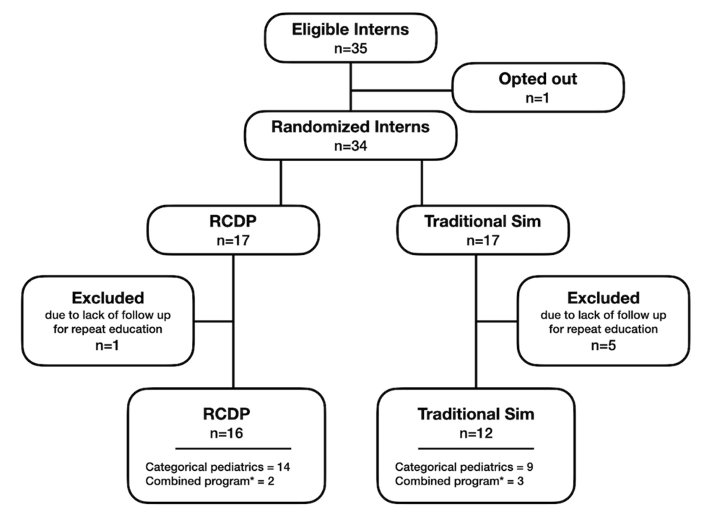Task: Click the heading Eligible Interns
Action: tap(350, 30)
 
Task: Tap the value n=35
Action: tap(350, 49)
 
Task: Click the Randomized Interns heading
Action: tap(350, 127)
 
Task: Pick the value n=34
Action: tap(350, 147)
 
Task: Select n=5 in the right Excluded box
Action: tap(604, 344)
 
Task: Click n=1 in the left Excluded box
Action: tap(108, 344)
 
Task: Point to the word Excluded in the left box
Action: tap(108, 297)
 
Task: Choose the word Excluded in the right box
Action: tap(604, 297)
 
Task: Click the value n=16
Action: tap(233, 434)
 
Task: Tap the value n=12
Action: tap(476, 434)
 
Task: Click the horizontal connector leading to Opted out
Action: tap(401, 91)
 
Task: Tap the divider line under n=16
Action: tap(233, 448)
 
